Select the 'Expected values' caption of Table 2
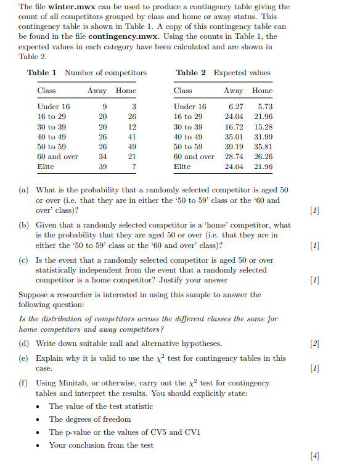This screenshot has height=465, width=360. pyautogui.click(x=242, y=73)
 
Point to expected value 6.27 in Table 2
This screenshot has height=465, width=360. pyautogui.click(x=235, y=107)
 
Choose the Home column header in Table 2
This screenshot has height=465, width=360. pyautogui.click(x=262, y=91)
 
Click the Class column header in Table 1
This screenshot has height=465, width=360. pyautogui.click(x=46, y=91)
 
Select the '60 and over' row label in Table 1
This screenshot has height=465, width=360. pyautogui.click(x=58, y=157)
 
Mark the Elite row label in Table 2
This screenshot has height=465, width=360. pyautogui.click(x=182, y=167)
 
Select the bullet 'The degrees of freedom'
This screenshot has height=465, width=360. pyautogui.click(x=90, y=419)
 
